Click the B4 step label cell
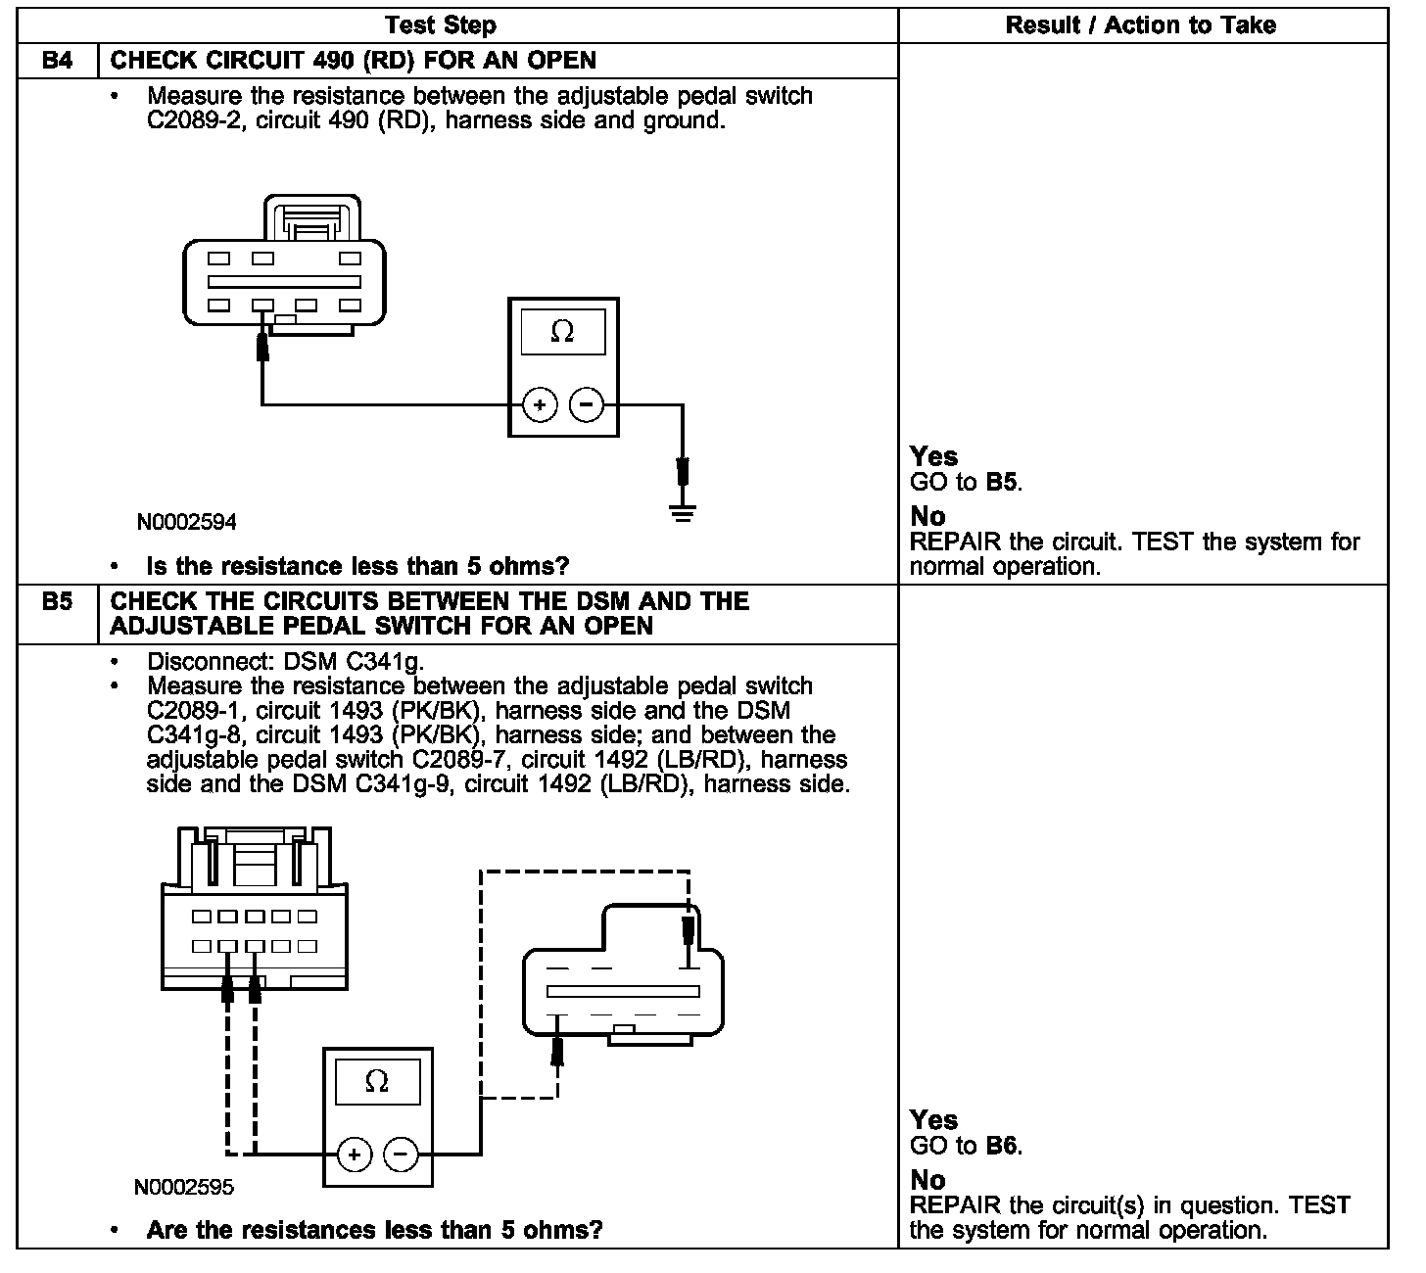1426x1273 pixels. click(58, 61)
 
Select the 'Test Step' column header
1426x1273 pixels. click(441, 25)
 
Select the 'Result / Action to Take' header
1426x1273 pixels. click(1141, 25)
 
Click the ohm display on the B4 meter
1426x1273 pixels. click(562, 332)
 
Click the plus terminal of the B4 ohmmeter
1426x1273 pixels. click(539, 404)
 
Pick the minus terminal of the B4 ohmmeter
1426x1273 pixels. click(586, 404)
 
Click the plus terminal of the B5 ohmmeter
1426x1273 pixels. click(355, 1155)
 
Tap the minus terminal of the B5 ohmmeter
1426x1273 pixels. click(401, 1155)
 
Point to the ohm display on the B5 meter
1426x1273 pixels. click(376, 1082)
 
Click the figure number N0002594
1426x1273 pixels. click(186, 522)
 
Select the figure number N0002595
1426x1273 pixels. click(184, 1187)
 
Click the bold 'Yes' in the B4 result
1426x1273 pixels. click(933, 456)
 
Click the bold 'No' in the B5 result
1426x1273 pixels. click(927, 1180)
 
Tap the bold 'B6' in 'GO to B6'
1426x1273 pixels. click(1002, 1146)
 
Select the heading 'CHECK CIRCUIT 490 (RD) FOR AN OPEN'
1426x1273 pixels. click(353, 61)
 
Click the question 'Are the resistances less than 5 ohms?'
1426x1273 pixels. click(374, 1230)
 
